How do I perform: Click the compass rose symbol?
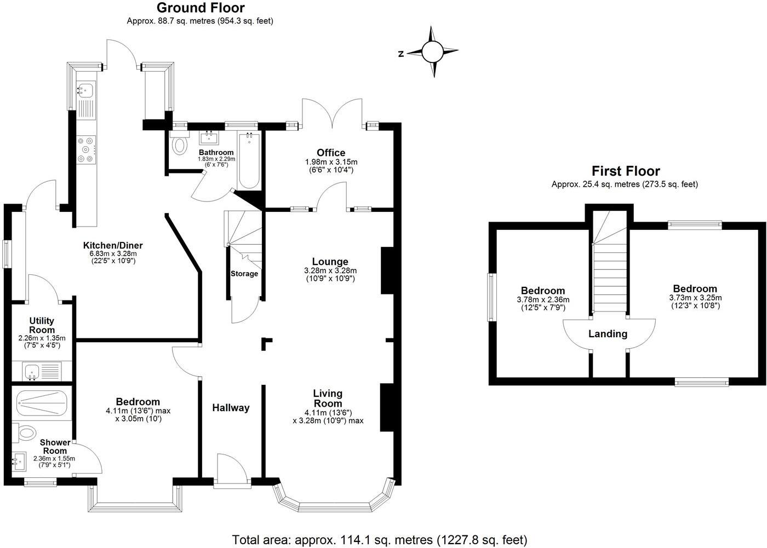click(x=432, y=52)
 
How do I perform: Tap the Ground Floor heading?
click(x=201, y=8)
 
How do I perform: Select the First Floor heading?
click(x=625, y=171)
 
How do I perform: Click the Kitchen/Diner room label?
click(x=113, y=245)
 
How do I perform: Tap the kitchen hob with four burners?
click(x=87, y=149)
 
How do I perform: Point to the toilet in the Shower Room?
click(x=25, y=434)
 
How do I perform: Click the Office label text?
click(x=331, y=153)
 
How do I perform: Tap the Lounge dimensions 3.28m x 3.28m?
click(x=330, y=270)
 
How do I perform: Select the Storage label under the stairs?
click(x=244, y=274)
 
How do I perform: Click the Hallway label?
click(x=231, y=408)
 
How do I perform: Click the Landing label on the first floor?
click(x=608, y=334)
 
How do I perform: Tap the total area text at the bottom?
click(x=380, y=540)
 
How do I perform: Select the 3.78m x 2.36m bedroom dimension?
click(x=542, y=300)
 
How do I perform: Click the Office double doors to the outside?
click(x=331, y=112)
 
